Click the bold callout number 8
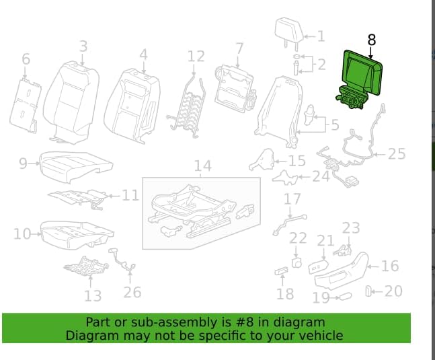point(372,40)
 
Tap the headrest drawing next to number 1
point(289,31)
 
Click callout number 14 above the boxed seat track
point(203,166)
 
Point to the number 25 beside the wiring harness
point(397,154)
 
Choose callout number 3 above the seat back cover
point(83,46)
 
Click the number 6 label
point(26,59)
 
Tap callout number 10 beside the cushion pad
point(22,233)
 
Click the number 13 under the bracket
point(93,296)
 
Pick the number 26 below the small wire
point(132,292)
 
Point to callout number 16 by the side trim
point(391,266)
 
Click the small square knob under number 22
point(296,262)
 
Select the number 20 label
point(393,291)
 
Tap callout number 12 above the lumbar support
point(196,57)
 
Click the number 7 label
point(239,49)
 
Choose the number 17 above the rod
point(292,199)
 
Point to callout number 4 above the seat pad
point(143,55)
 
